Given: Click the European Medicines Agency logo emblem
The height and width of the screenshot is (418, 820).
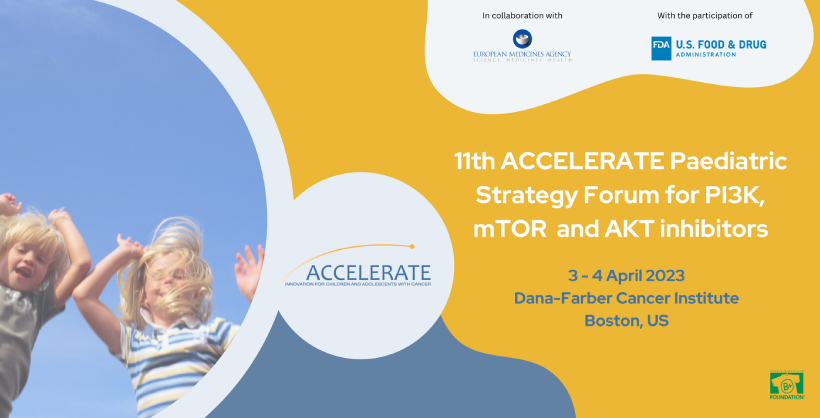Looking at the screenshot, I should (522, 38).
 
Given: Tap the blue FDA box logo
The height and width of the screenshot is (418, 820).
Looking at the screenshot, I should (661, 48).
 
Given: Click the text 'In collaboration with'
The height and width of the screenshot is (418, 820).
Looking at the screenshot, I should (522, 15).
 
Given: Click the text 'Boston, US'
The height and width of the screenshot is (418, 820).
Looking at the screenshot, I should (626, 321).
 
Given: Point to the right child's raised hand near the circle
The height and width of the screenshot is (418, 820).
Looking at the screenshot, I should (248, 267).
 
